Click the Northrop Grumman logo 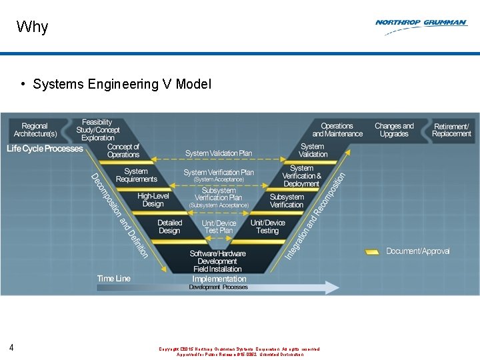[x=421, y=23]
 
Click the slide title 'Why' [x=32, y=27]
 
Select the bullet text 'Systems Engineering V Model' [x=122, y=84]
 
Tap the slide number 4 [x=12, y=347]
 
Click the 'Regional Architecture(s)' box [x=35, y=130]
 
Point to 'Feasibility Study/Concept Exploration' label [x=97, y=130]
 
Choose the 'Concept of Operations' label [x=123, y=151]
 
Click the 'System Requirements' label [x=136, y=175]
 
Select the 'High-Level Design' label [x=153, y=200]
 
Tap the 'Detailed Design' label [x=169, y=227]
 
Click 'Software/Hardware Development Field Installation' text [x=218, y=261]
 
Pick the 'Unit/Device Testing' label [x=267, y=227]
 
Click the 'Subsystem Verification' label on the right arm [x=287, y=201]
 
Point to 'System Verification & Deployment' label [x=301, y=176]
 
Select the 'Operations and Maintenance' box [x=337, y=130]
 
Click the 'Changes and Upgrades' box [x=394, y=130]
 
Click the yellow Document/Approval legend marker [x=372, y=251]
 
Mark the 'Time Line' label [x=113, y=278]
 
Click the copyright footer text [x=239, y=351]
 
